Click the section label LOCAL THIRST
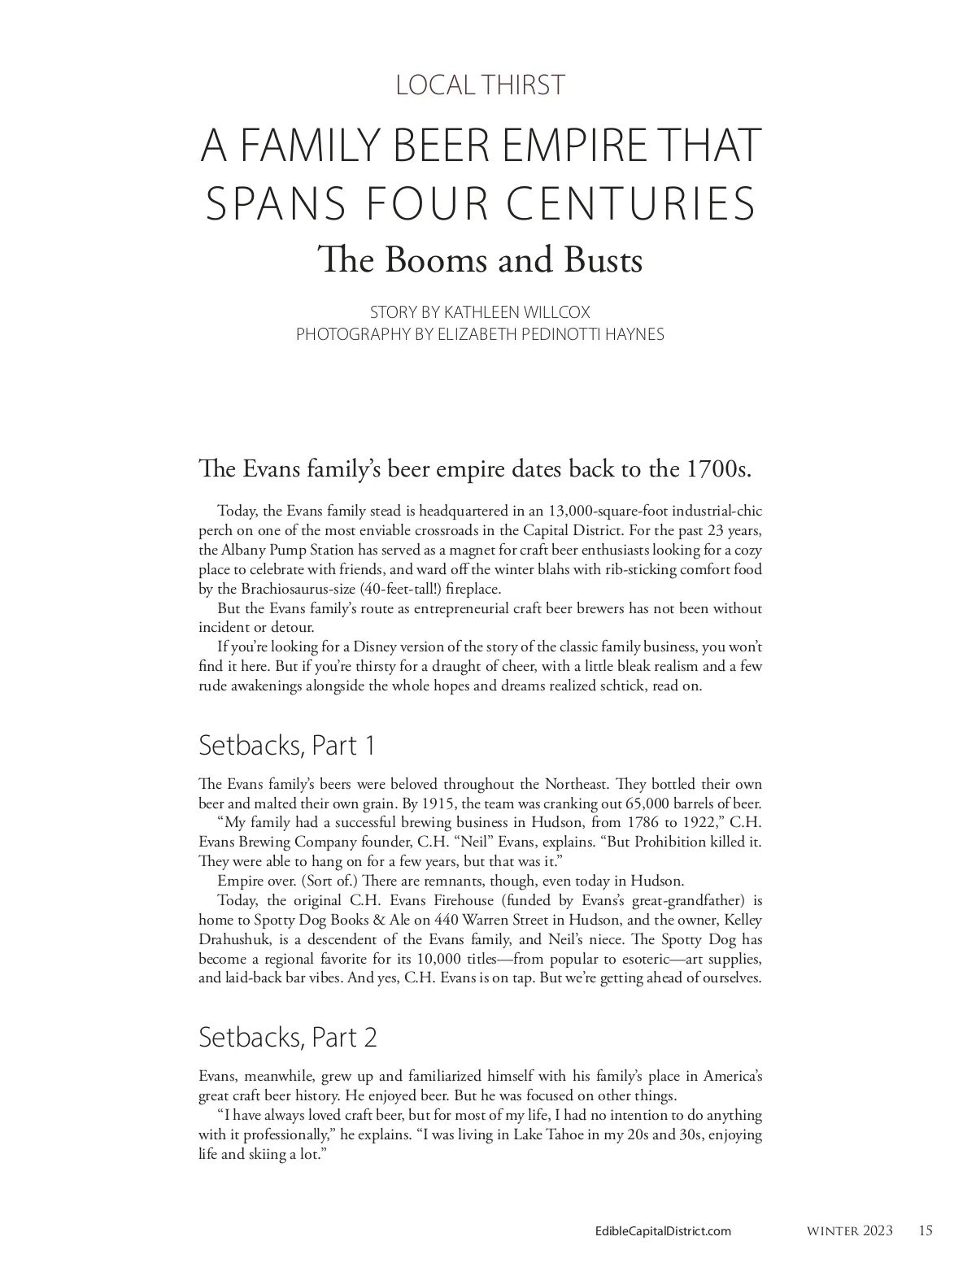tap(480, 85)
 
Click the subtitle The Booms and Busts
tap(481, 260)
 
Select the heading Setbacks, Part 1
tap(286, 745)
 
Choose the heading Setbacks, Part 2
tap(287, 1037)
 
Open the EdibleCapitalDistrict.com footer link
tap(663, 1231)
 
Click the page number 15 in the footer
tap(926, 1230)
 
